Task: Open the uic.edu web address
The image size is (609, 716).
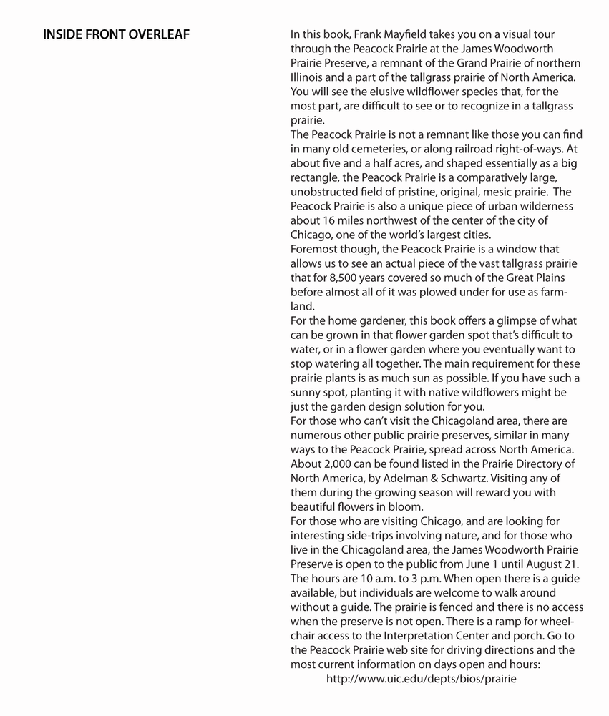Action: [x=421, y=679]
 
